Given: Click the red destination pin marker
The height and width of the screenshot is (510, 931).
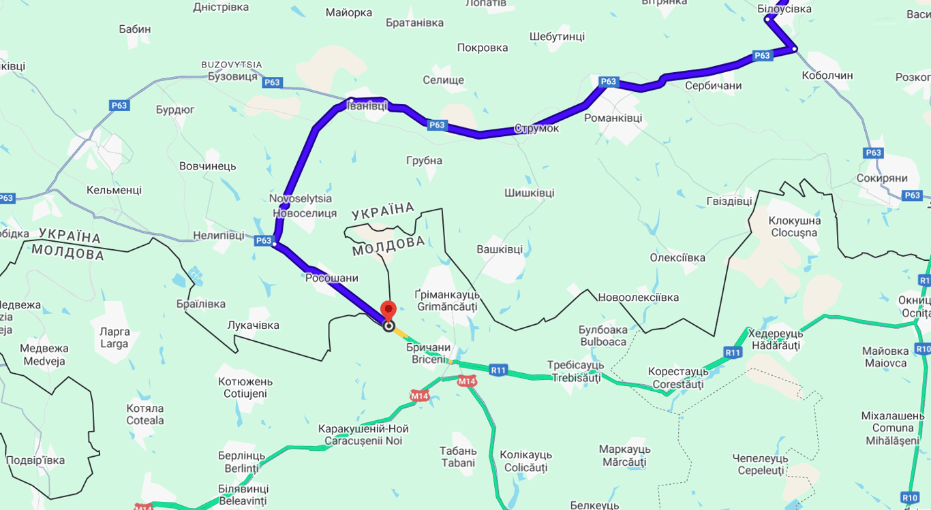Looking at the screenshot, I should click(x=388, y=310).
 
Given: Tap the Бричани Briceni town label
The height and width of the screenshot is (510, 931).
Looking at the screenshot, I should click(x=429, y=353).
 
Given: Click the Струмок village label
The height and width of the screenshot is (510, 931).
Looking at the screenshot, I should click(x=536, y=128).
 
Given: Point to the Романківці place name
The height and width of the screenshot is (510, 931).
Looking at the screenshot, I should click(x=613, y=118).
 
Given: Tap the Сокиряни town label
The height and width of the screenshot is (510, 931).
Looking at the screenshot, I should click(x=882, y=178).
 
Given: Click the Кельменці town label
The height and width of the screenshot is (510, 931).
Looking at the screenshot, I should click(x=114, y=190).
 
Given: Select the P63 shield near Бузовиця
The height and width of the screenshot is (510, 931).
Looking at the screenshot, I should click(x=272, y=82).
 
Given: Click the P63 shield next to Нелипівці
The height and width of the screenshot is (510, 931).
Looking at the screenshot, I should click(x=264, y=240).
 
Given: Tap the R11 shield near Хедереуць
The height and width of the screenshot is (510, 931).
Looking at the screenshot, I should click(x=733, y=352).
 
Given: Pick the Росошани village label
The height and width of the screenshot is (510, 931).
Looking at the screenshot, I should click(x=331, y=278).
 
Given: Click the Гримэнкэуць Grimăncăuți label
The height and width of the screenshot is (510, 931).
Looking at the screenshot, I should click(x=447, y=300).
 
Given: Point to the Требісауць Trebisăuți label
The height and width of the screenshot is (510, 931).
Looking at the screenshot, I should click(x=576, y=371).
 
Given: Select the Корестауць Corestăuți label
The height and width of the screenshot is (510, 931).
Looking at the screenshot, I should click(x=678, y=378).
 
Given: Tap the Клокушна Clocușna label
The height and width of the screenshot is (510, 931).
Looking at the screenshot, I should click(x=794, y=227).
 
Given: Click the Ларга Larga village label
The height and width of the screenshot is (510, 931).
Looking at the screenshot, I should click(x=115, y=338).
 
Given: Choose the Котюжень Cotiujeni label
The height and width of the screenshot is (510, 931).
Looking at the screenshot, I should click(x=245, y=387).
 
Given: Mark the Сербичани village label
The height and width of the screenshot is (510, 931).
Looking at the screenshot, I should click(x=713, y=86).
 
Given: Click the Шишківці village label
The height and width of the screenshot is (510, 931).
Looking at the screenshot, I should click(x=529, y=193).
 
